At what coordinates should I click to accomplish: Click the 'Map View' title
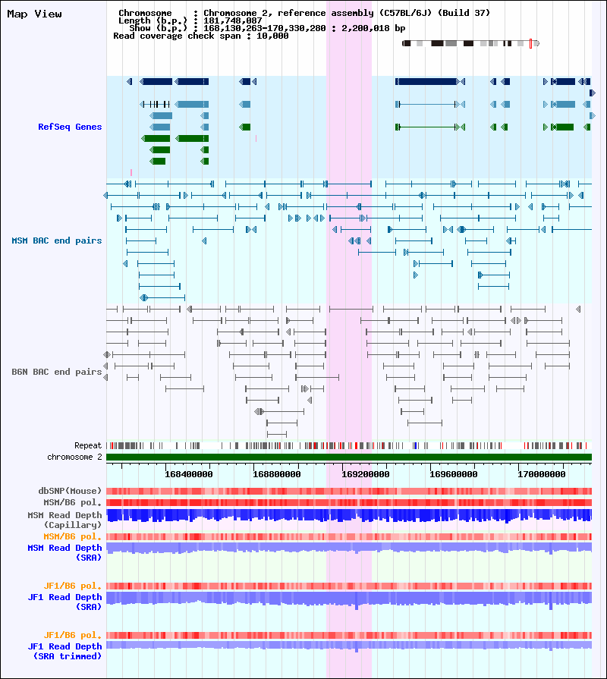coord(34,14)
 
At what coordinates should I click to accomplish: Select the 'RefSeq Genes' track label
coord(70,127)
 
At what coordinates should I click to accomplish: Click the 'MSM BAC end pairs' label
coord(57,240)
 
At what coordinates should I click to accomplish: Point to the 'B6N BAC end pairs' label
coord(57,372)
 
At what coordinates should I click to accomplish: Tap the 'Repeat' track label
coord(88,445)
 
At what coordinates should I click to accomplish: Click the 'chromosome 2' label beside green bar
coord(74,457)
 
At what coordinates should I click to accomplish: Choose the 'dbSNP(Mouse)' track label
coord(70,491)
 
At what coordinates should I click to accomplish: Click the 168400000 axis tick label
coord(189,474)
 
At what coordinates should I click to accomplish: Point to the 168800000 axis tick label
coord(277,474)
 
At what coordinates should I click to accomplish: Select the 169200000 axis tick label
coord(366,474)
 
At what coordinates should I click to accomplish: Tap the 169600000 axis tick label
coord(453,474)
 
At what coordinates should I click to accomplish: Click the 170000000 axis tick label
coord(542,474)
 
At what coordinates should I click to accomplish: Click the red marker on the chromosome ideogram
coord(531,43)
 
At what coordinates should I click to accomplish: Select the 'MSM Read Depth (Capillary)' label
coord(65,520)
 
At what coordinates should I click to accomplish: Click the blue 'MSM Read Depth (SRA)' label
coord(65,552)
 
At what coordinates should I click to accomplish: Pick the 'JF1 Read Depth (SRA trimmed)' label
coord(65,651)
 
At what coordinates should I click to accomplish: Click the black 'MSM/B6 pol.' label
coord(72,503)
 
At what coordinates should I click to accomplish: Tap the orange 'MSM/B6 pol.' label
coord(72,536)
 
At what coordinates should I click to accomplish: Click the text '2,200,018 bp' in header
coord(373,28)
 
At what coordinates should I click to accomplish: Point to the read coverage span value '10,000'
coord(272,36)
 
